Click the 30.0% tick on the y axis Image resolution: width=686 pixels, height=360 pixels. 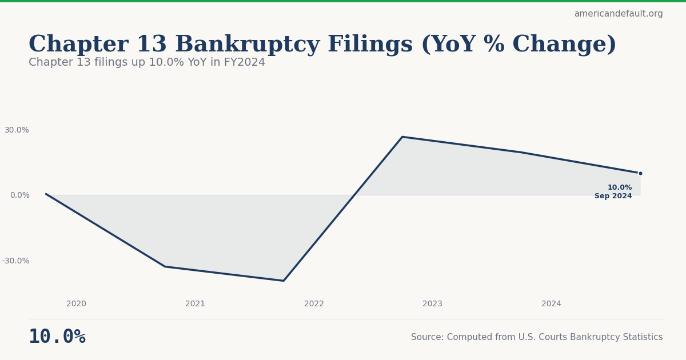coord(17,130)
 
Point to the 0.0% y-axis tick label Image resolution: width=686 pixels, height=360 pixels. coord(19,195)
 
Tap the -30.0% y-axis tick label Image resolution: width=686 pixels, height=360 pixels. coord(15,261)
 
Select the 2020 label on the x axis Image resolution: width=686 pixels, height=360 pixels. coord(76,304)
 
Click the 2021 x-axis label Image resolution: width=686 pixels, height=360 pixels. coord(195,304)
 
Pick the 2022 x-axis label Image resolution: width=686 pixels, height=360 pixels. coord(314,304)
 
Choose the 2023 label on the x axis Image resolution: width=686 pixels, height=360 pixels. coord(432,304)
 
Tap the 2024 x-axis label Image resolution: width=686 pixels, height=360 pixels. coord(551,304)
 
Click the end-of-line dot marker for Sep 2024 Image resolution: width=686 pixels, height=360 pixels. coord(640,173)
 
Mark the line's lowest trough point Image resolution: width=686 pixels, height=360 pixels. coord(284,281)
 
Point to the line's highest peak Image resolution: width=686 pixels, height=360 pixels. coord(402,137)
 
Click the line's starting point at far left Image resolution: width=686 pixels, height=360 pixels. coord(46,194)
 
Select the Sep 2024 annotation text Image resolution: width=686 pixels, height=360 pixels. coord(613,197)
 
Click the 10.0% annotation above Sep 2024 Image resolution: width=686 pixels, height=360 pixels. coord(620,187)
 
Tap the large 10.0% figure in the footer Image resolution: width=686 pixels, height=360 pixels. coord(57,337)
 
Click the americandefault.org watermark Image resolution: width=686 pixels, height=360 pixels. coord(619,14)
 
